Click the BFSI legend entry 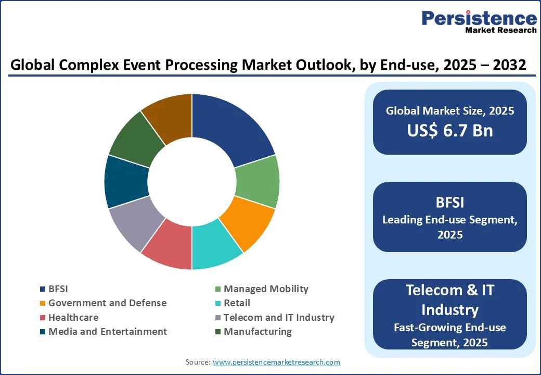point(58,289)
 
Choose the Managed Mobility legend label point(265,289)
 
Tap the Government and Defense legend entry point(107,303)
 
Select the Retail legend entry point(237,303)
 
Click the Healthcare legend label point(73,317)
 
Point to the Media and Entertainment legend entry point(107,332)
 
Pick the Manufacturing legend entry point(257,332)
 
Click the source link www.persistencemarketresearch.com point(276,362)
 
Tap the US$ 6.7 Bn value point(450,130)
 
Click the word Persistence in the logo point(479,18)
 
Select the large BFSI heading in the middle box point(450,202)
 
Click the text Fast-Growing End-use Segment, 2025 point(450,334)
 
